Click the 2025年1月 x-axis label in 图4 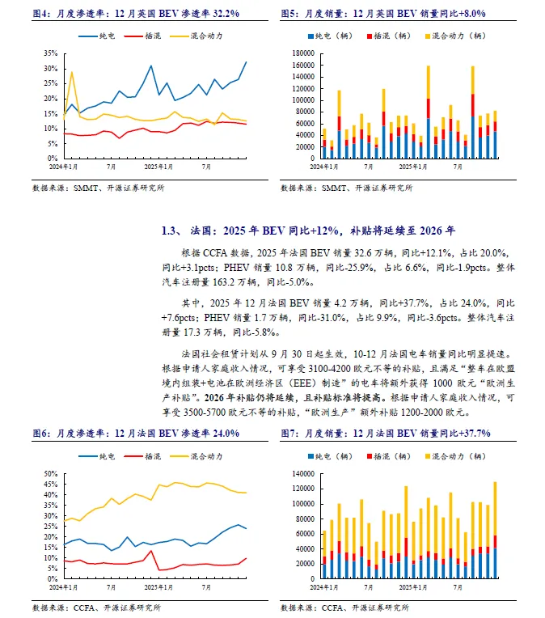pos(158,166)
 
